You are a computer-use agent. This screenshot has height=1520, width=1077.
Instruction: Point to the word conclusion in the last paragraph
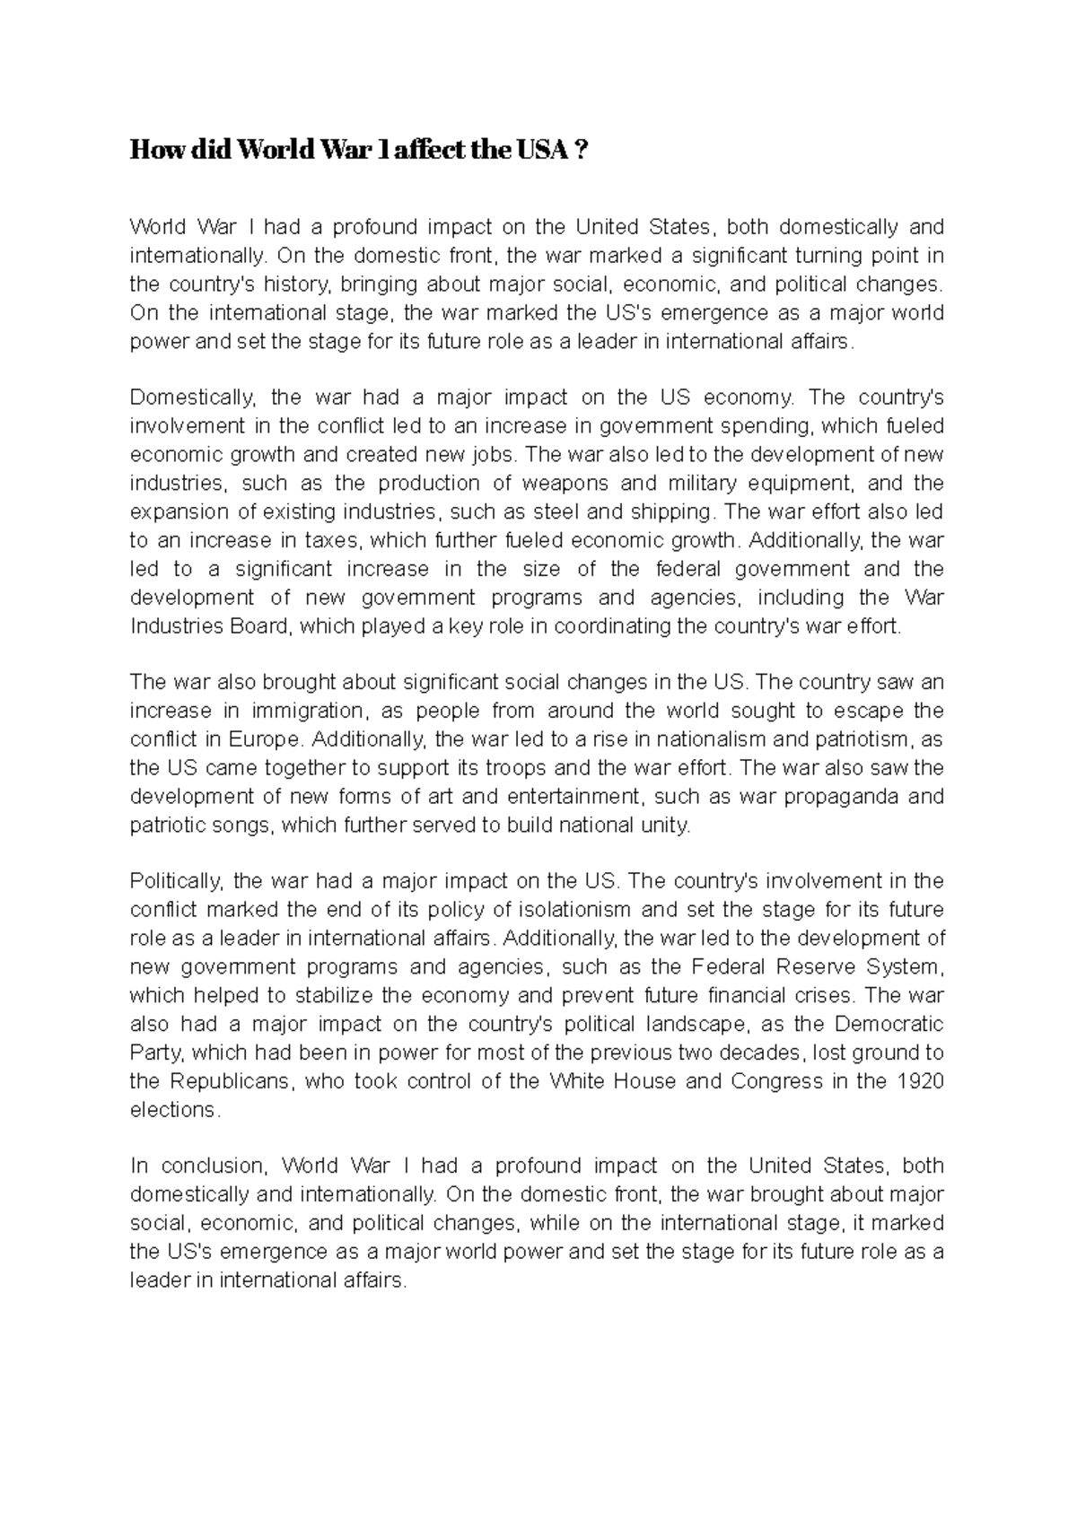214,1166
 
